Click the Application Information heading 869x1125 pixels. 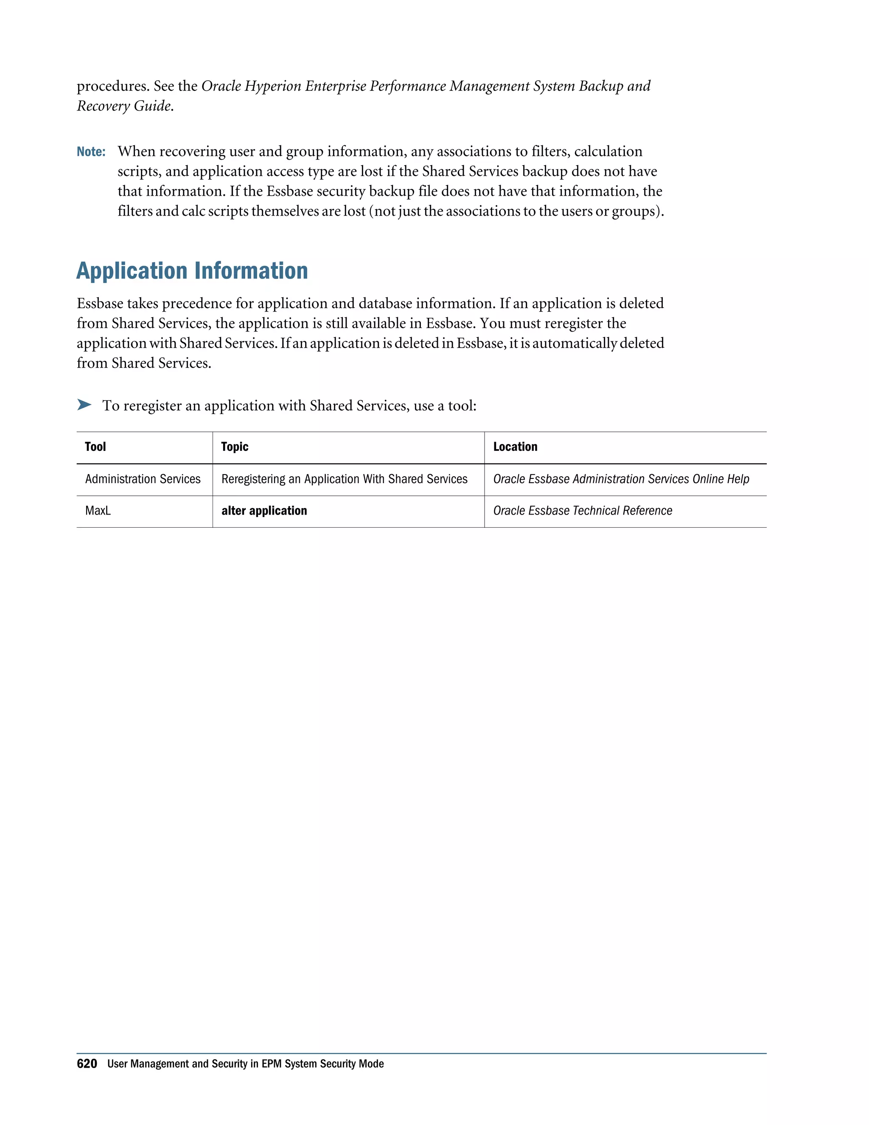(192, 271)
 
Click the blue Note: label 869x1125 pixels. (91, 152)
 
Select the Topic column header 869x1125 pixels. (235, 447)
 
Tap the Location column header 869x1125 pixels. (515, 447)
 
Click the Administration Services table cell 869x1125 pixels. (143, 479)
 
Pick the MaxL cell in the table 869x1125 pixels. (98, 510)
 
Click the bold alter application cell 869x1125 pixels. (264, 510)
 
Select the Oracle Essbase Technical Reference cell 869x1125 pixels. (582, 510)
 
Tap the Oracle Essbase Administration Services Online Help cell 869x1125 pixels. (621, 479)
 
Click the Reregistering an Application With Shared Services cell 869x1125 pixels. (345, 479)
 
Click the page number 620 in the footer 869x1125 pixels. (87, 1064)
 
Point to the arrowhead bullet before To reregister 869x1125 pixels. (84, 405)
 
